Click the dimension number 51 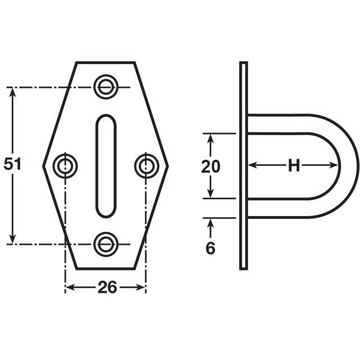tap(12, 164)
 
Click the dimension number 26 tap(107, 287)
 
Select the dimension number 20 tap(210, 166)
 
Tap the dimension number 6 tap(210, 248)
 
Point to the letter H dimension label tap(294, 165)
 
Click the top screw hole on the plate tap(106, 87)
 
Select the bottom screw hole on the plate tap(106, 244)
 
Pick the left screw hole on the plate tap(65, 166)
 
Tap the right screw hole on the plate tap(146, 166)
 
